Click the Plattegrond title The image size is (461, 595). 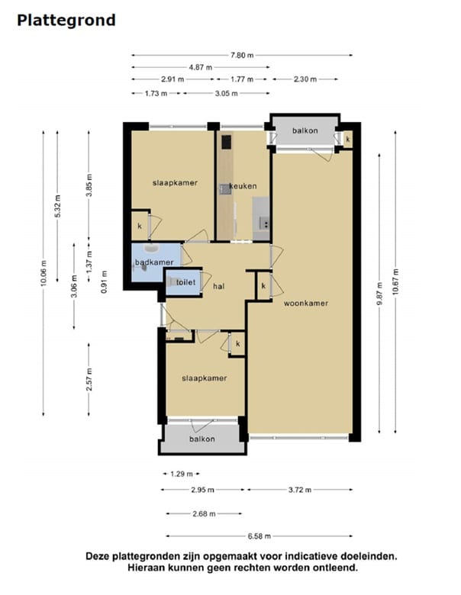(66, 21)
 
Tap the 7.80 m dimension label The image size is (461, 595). (242, 56)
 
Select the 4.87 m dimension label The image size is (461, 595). (201, 68)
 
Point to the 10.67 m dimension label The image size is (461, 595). (395, 281)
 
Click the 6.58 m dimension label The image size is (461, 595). (260, 536)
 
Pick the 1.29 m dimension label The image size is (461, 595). (182, 474)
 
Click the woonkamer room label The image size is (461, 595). (306, 303)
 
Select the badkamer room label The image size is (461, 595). (154, 262)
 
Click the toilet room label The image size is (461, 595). (186, 282)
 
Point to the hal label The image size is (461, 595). (219, 287)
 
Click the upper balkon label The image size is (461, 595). (305, 131)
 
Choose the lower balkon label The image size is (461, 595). (202, 439)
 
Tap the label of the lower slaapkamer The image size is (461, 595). (205, 378)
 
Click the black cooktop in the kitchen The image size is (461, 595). (227, 143)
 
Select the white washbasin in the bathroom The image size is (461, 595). (152, 248)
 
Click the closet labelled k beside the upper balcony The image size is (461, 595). (348, 140)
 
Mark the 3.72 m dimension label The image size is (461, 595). (300, 490)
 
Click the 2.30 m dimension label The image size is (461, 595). (305, 79)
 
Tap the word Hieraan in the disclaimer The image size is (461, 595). (145, 568)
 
